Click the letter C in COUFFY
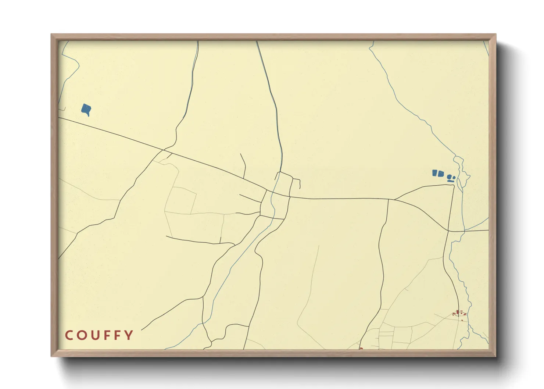(68, 335)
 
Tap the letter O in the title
(82, 335)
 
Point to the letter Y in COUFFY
(129, 335)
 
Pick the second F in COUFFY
(118, 335)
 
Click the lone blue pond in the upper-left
(86, 109)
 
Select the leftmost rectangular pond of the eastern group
(435, 172)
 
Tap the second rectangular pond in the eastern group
(441, 173)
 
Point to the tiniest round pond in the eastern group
(454, 178)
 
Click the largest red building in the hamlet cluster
(458, 313)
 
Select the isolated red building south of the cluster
(462, 320)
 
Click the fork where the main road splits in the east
(394, 200)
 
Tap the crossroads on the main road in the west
(163, 150)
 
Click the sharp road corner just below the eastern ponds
(454, 185)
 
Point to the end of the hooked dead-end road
(300, 188)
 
